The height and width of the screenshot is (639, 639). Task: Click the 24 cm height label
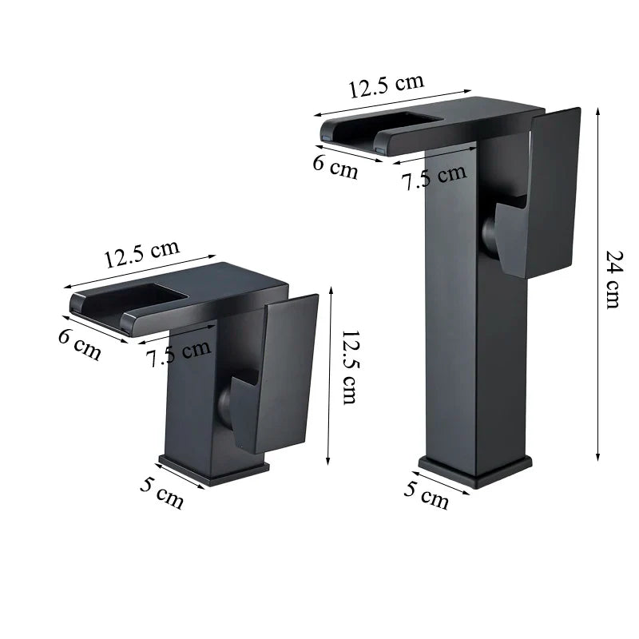613,280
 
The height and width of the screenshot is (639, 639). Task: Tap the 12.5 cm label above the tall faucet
386,85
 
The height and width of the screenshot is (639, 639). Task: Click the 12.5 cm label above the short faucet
141,255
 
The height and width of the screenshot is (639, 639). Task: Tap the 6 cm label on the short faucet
80,344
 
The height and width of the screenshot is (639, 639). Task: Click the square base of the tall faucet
475,471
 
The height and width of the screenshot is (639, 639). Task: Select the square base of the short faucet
214,469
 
